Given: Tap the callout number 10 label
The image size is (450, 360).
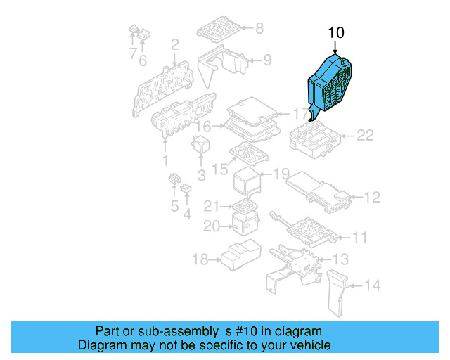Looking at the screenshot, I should [336, 32].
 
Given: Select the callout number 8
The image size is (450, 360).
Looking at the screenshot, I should [259, 28].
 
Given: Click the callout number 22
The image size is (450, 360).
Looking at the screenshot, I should [365, 136].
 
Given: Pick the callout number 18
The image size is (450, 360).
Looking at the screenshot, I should [200, 260].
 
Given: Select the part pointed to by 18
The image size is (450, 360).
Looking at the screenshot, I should [239, 257].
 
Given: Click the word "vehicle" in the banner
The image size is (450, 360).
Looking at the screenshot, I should [311, 345].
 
